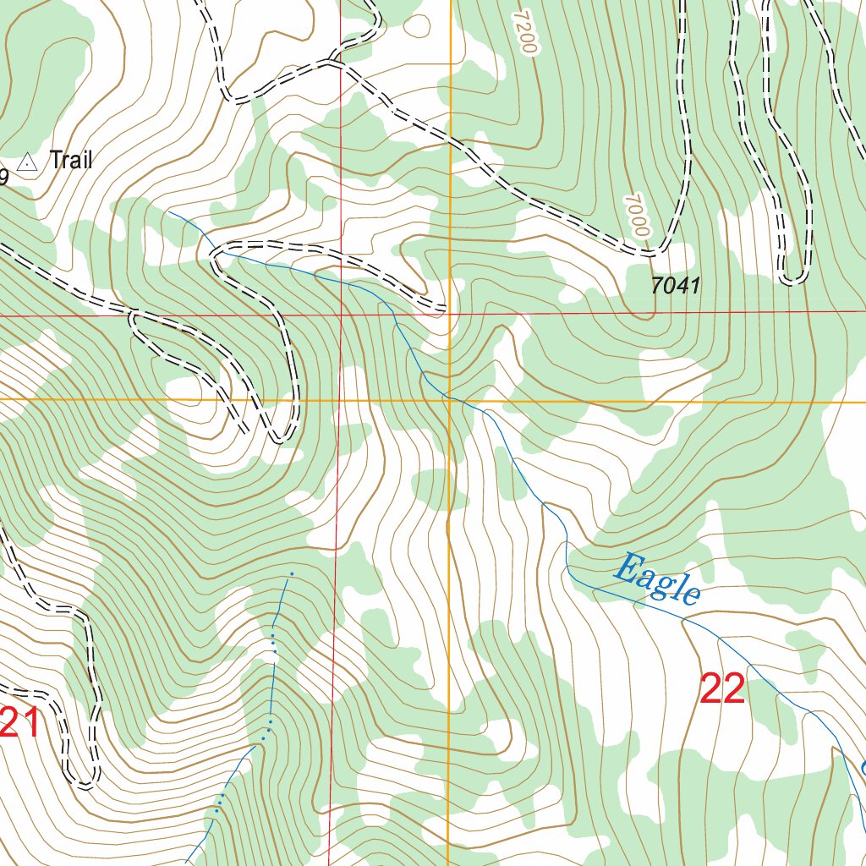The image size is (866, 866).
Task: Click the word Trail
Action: point(71,159)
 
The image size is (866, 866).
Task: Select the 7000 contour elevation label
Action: point(637,216)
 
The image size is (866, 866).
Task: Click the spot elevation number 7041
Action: point(676,286)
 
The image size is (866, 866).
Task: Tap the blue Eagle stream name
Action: point(656,579)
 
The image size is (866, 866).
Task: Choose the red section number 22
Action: point(722,689)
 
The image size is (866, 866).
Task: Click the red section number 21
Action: point(19,723)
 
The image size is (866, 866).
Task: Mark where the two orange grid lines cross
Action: point(450,400)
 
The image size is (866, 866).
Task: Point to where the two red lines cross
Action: point(341,315)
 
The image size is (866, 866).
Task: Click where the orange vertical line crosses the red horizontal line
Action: point(450,313)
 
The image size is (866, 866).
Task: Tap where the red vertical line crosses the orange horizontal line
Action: point(340,399)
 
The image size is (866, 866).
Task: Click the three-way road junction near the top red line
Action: point(332,62)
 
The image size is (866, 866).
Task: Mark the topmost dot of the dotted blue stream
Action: point(292,574)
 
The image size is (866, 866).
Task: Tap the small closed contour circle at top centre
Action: point(416,25)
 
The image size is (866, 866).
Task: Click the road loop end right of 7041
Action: point(792,280)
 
